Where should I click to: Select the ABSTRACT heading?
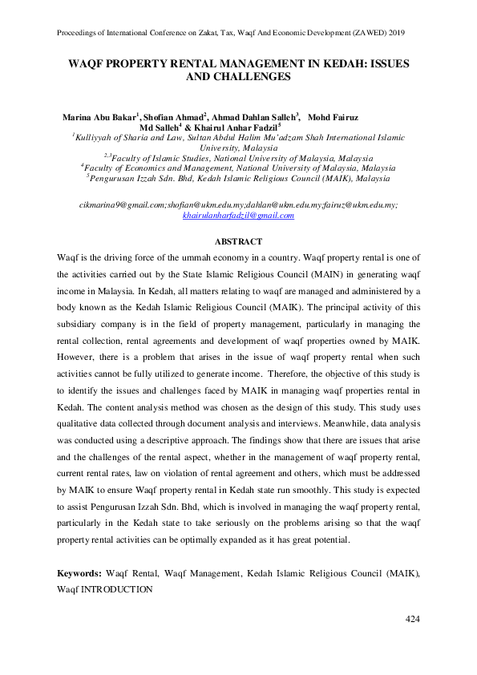[239, 241]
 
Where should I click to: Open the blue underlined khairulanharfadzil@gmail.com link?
[239, 216]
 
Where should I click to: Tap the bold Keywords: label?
[79, 574]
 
